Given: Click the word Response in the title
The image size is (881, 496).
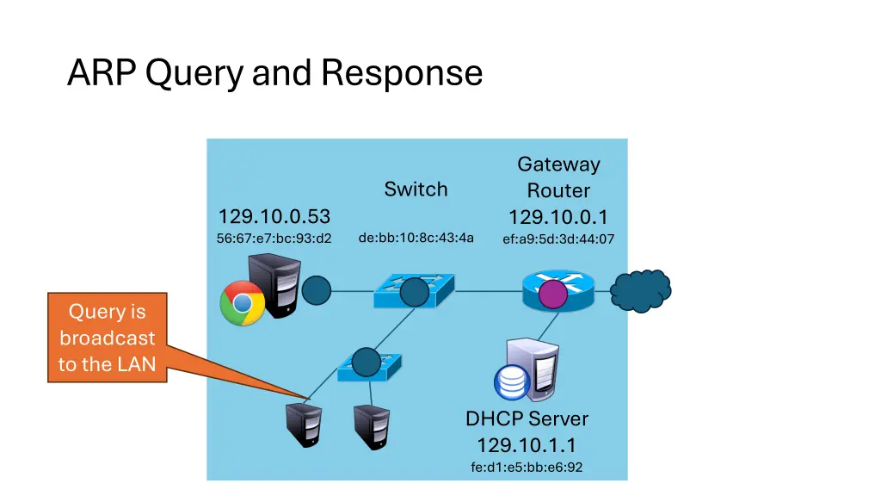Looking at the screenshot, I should (402, 73).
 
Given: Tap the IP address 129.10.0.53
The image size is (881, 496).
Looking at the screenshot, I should (274, 216).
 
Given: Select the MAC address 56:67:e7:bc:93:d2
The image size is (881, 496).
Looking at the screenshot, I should (274, 239).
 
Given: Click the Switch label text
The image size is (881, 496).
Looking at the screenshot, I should (416, 189).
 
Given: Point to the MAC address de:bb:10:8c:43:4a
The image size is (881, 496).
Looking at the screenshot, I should (416, 238).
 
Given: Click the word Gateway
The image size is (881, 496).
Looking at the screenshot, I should (558, 164).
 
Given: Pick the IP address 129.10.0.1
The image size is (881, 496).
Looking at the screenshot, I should (558, 216).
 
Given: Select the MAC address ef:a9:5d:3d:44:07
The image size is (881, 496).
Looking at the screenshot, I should (558, 239).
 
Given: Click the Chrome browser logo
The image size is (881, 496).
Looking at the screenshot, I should (242, 303).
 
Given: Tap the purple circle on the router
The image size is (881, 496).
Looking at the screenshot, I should (552, 294).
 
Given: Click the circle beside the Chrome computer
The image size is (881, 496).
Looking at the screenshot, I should (316, 290).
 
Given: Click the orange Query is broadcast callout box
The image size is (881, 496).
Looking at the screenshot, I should (107, 338).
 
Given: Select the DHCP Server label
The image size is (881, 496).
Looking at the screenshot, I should (527, 419).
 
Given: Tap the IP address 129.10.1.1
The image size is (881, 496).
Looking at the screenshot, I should (527, 445).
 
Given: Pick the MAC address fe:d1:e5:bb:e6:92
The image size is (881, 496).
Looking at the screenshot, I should (527, 468).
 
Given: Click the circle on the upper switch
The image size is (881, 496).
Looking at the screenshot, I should (415, 293).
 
